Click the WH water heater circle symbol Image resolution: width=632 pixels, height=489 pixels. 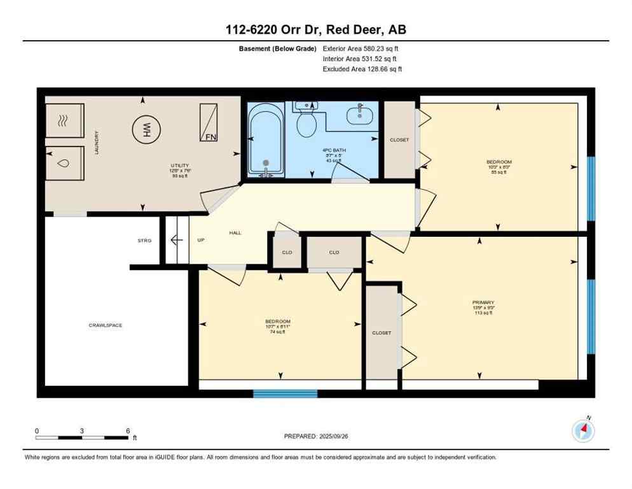point(145,131)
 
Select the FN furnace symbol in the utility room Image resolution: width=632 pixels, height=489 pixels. point(209,123)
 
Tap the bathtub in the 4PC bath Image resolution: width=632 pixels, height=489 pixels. point(266,141)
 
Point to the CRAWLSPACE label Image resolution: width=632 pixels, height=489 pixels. point(105,325)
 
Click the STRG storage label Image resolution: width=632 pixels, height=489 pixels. point(144,241)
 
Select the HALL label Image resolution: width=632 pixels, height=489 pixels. point(235,234)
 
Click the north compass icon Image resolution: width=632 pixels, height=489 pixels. point(583,431)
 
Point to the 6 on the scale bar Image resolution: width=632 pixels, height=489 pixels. point(128,430)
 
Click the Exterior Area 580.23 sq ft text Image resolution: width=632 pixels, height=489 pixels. point(361,48)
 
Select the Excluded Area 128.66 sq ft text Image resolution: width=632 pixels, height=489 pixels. point(362,69)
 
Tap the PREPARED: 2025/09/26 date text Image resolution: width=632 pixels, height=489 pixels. point(317,436)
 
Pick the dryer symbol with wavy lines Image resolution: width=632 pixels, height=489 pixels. point(64,121)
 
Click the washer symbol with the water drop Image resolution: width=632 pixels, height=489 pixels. point(64,164)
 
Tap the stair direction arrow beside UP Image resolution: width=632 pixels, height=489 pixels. point(177,240)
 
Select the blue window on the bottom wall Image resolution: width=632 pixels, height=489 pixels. point(285,393)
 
